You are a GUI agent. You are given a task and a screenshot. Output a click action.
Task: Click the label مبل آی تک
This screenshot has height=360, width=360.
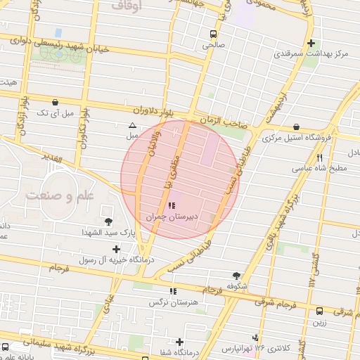coord(53,112)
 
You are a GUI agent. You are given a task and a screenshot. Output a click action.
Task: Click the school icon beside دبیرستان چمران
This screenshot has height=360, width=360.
coord(171,206)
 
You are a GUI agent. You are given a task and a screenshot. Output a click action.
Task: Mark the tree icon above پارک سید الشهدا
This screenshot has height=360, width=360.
coord(108,221)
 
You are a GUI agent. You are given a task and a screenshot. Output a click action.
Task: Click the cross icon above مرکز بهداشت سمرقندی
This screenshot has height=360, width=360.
coord(311,43)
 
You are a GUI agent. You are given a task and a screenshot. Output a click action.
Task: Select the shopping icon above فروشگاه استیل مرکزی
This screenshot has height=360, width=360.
coord(295,127)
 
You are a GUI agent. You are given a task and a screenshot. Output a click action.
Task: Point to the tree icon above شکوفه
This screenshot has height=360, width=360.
coord(236,276)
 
